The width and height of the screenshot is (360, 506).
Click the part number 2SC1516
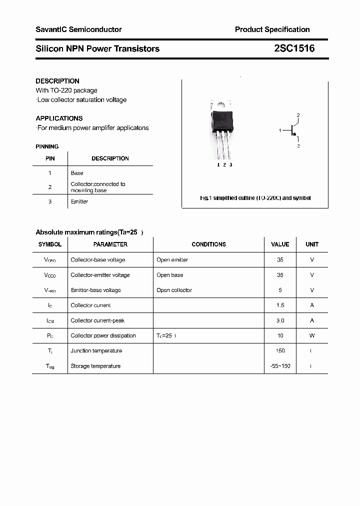coord(294,48)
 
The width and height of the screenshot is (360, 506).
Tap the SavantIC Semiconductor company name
coord(78,29)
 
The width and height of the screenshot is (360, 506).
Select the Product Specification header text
coord(272,29)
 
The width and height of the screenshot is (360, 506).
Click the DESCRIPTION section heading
coord(57,81)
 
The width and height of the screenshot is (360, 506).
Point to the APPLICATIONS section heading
coord(59,118)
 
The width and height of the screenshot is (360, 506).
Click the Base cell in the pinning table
coord(77,173)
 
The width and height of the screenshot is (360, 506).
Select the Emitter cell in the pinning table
coord(79,201)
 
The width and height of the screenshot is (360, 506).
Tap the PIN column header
coord(50,158)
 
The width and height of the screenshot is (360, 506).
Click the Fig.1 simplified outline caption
coord(255,198)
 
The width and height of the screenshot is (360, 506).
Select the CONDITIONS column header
coord(208,244)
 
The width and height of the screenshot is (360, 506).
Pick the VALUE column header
coord(280,244)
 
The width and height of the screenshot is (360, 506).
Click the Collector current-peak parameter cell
coord(97,320)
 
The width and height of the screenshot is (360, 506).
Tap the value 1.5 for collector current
coord(280,305)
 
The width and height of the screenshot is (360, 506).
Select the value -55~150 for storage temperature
coord(280,366)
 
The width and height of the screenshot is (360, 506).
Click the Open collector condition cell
coord(174,290)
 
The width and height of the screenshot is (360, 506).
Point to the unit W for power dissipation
coord(312,335)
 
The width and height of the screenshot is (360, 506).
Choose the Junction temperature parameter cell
coord(96,351)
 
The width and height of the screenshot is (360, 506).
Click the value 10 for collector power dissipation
coord(280,335)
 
